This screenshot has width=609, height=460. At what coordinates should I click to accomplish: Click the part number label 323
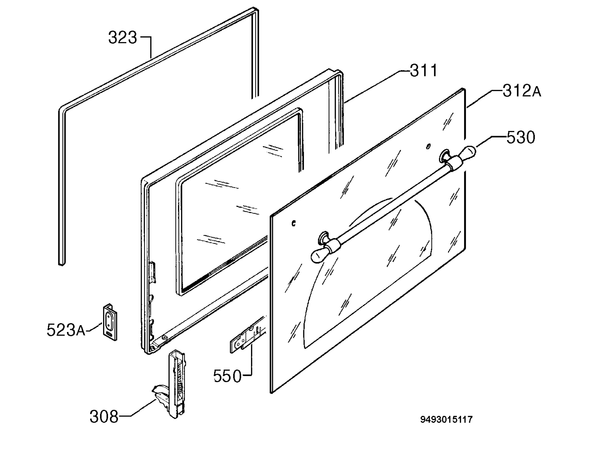(123, 38)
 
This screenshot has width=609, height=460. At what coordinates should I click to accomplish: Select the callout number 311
(424, 71)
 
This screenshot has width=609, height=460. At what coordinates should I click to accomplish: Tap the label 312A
(522, 91)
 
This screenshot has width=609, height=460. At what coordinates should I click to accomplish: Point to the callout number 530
(521, 137)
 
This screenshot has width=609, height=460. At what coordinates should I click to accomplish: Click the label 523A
(66, 330)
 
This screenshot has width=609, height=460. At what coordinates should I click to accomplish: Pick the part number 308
(104, 417)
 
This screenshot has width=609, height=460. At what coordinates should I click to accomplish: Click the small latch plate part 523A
(110, 322)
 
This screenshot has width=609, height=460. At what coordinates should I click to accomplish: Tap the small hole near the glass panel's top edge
(428, 146)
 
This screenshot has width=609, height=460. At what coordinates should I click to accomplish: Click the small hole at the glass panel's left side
(294, 223)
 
